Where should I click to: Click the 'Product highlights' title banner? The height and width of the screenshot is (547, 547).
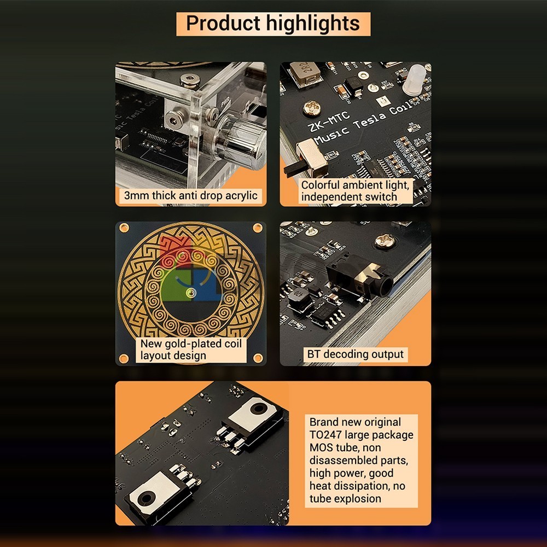click(x=273, y=24)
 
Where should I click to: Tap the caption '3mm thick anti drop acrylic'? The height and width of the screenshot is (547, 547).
click(x=190, y=195)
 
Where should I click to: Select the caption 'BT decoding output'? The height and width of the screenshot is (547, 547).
click(x=355, y=354)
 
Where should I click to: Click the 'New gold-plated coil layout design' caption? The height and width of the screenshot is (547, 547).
click(x=191, y=350)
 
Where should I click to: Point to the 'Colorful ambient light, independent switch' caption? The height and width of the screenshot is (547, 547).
click(x=355, y=190)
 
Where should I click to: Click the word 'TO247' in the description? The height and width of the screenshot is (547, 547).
click(x=325, y=435)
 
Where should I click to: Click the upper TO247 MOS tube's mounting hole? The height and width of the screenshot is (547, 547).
click(x=259, y=408)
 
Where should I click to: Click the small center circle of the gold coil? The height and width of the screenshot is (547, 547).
click(x=190, y=292)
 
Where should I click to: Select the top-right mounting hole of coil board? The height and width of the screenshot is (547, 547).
click(x=258, y=228)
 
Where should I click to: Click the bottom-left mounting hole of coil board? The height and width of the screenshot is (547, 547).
click(x=124, y=358)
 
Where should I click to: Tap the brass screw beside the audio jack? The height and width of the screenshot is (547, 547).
click(x=385, y=241)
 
